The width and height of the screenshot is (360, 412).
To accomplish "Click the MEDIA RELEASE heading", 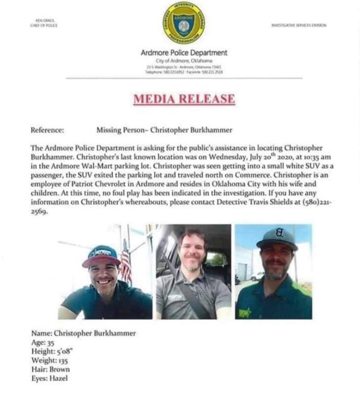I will (x=184, y=99).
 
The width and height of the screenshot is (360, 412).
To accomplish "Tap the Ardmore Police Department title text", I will (x=184, y=53).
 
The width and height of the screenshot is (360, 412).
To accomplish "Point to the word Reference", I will (x=47, y=130).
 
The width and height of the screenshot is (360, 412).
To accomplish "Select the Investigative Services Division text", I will (x=299, y=25).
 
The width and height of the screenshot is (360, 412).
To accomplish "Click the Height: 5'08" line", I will (x=52, y=352).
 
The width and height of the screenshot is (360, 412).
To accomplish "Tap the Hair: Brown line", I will (x=50, y=370).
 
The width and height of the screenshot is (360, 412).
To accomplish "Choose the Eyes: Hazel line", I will (x=50, y=379).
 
